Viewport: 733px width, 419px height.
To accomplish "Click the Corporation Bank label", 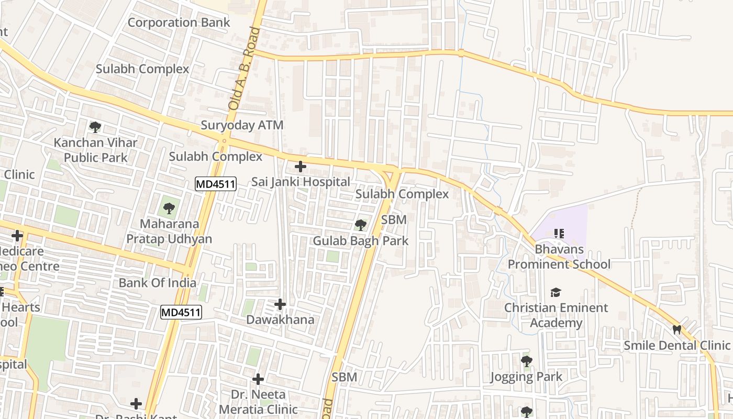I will [179, 23].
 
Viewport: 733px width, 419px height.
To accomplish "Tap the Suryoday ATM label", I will [242, 125].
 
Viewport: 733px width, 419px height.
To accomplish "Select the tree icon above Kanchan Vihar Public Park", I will [95, 127].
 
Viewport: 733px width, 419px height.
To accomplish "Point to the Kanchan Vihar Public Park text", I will [95, 150].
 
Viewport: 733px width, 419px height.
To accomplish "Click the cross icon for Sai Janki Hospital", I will [300, 167].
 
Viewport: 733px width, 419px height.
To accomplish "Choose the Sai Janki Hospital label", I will [301, 182].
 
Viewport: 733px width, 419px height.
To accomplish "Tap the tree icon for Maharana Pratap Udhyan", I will [169, 208].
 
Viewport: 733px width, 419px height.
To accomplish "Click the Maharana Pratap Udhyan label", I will [169, 231].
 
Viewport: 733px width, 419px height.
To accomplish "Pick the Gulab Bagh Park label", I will [360, 241].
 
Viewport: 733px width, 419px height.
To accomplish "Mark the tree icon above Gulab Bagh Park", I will [360, 225].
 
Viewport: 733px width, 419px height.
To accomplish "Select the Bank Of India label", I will [157, 283].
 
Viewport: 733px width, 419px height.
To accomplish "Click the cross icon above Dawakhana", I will [280, 304].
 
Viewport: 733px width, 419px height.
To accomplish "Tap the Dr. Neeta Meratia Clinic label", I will [258, 402].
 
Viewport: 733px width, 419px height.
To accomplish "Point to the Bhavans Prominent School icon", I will [559, 233].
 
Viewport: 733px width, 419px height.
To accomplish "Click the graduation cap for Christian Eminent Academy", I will [556, 292].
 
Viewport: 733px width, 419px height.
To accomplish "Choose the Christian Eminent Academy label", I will [556, 315].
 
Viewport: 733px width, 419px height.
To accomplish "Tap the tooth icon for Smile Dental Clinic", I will [676, 330].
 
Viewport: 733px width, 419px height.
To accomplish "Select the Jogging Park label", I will [526, 377].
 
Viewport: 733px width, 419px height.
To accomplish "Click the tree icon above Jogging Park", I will [526, 361].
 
